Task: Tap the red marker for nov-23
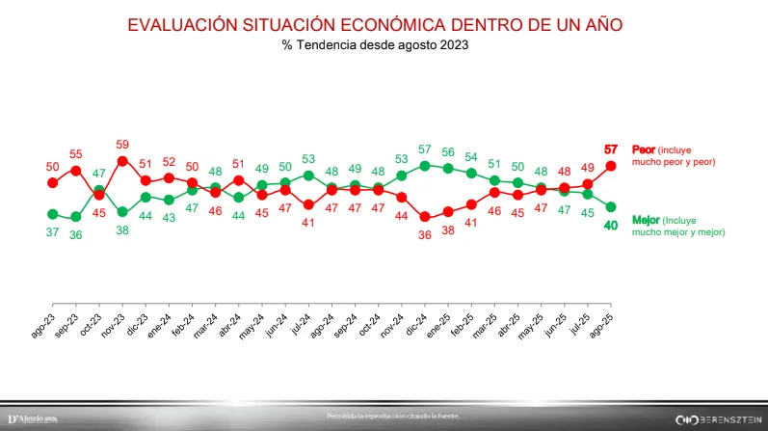122,161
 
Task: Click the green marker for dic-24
425,166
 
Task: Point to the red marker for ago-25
610,166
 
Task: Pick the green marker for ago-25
610,206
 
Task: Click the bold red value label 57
610,148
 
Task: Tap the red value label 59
122,144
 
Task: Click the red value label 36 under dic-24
425,232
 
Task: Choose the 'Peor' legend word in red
643,149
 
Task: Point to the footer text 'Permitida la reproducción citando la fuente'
394,416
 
